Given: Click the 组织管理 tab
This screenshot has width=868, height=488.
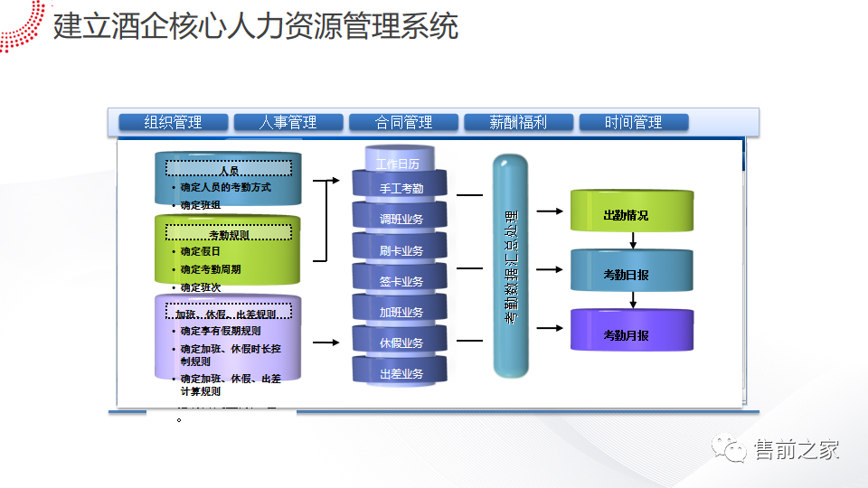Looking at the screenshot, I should [x=173, y=122].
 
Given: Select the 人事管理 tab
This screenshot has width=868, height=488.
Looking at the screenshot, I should [x=288, y=122].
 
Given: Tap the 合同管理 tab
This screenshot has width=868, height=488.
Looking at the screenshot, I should [x=403, y=122].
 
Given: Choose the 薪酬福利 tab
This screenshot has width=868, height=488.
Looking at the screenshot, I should [x=518, y=122].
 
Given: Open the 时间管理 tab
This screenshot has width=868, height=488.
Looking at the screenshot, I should [x=633, y=122].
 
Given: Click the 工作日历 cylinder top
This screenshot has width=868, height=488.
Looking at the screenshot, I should [x=400, y=163].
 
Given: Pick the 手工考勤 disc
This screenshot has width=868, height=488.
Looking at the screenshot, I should [x=400, y=189].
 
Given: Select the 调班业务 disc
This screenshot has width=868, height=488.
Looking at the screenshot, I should [x=400, y=220].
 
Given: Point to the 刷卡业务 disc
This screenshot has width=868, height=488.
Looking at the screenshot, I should [x=400, y=250].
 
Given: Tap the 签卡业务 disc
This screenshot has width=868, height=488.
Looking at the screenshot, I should [x=400, y=281].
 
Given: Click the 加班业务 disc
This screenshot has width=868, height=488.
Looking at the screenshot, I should [x=400, y=312].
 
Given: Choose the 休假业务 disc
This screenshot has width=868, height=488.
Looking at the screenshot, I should [x=400, y=343].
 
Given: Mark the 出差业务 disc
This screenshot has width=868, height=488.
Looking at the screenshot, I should [x=400, y=372].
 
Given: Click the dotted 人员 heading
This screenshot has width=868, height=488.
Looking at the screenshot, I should [x=229, y=169].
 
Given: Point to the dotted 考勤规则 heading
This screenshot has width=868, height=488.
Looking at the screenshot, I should [x=229, y=233].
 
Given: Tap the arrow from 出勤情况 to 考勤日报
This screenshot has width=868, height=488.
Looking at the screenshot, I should [x=633, y=240].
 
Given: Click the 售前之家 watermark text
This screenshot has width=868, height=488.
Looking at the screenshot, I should [x=797, y=449].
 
